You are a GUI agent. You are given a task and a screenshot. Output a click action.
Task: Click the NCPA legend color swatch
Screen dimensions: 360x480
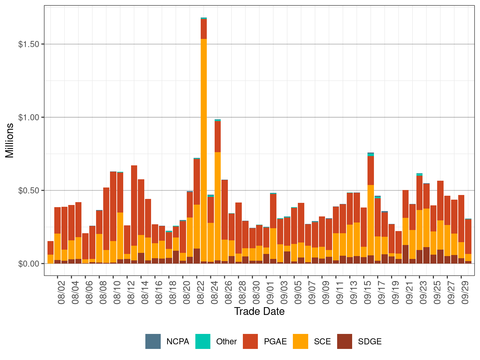(x=153, y=341)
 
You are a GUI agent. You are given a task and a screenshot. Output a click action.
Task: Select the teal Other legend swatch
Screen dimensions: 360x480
(x=203, y=341)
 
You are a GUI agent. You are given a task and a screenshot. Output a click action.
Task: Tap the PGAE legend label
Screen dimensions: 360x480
(x=275, y=342)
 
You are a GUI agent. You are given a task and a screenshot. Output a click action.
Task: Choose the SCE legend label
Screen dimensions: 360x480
(x=322, y=342)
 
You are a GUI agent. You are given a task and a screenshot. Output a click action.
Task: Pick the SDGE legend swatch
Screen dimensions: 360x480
(x=345, y=341)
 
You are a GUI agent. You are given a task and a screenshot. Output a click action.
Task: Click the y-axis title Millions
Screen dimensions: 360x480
(x=10, y=140)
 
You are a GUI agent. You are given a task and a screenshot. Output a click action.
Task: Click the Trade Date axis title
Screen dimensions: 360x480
(x=259, y=311)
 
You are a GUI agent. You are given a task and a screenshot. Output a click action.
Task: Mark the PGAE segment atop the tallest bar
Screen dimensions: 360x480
(x=204, y=29)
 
